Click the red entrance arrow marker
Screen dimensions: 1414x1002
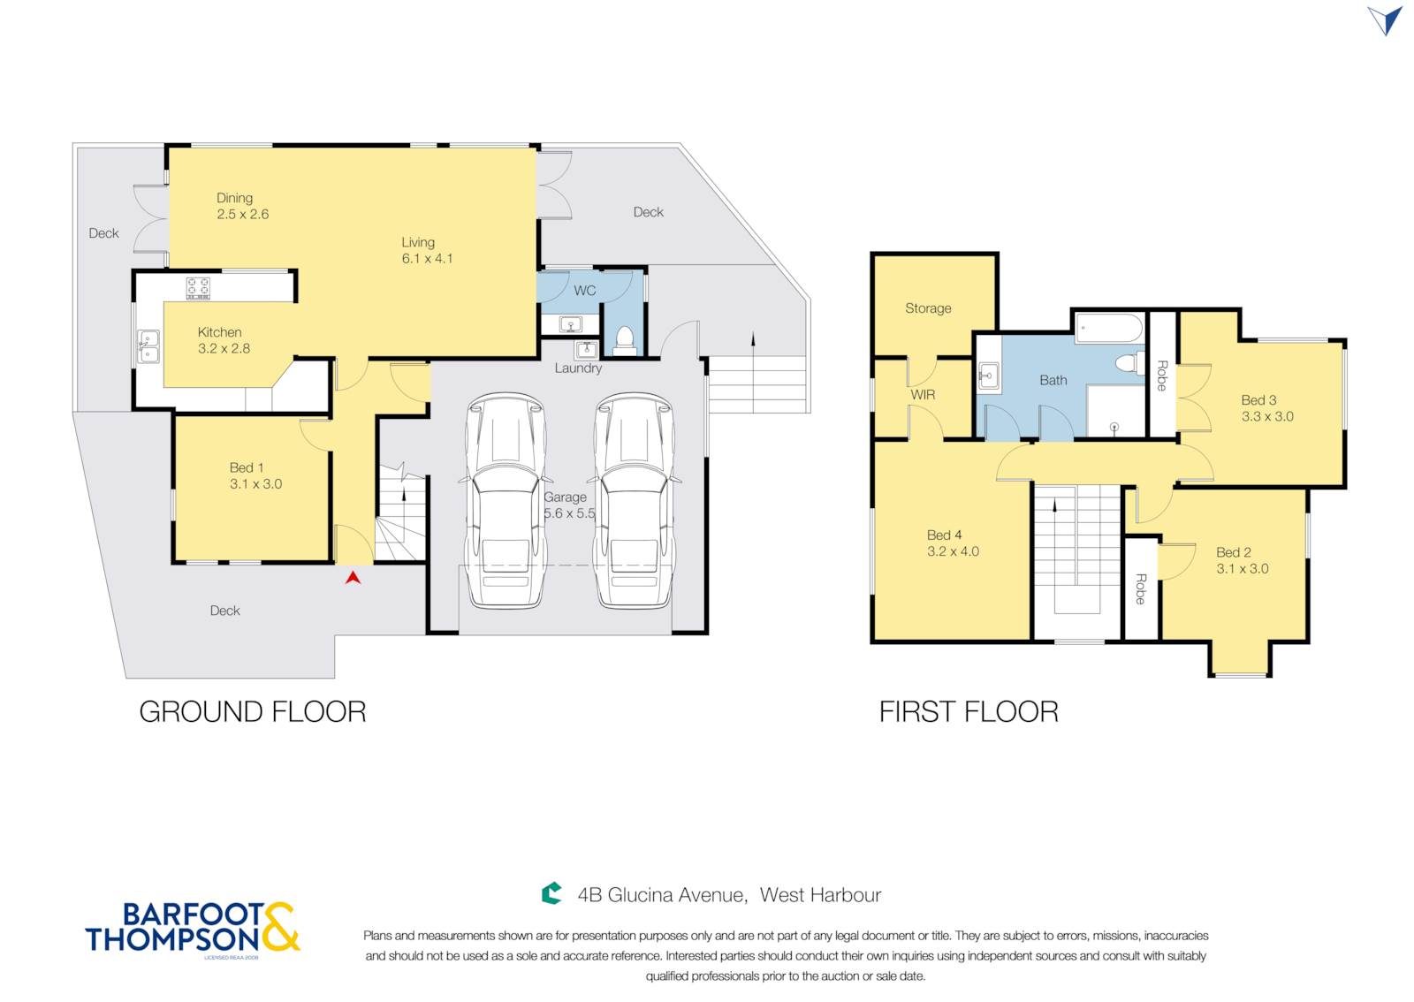353,577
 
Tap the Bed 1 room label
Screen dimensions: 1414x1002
255,475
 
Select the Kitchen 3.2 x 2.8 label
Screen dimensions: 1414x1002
224,340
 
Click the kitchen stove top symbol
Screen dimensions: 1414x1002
198,288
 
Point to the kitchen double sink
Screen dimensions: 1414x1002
148,346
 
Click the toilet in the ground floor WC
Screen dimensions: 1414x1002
624,340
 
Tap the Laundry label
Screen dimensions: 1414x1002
578,368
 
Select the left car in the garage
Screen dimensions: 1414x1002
505,500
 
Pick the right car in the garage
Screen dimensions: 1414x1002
635,500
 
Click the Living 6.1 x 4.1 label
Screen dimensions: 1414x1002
428,250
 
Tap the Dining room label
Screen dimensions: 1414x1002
242,206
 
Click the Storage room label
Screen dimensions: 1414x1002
928,307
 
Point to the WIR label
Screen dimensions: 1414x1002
923,395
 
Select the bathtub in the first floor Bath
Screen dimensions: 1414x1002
1108,329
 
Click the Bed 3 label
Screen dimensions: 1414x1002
1267,407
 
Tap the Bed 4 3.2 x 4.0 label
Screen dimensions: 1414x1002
953,543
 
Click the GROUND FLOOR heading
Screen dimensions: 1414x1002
253,712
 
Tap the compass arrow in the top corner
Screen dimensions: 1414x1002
1386,21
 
